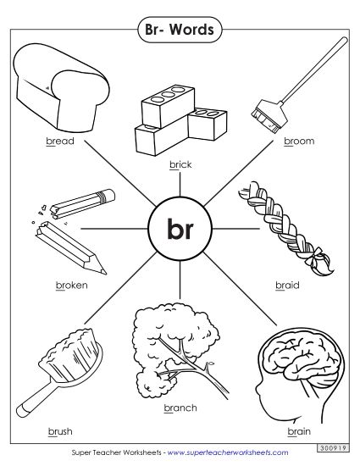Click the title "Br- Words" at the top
tap(180, 31)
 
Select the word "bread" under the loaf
tap(60, 141)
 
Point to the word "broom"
tap(298, 141)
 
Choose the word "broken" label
tap(71, 286)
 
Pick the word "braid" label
tap(286, 286)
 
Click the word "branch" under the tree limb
tap(180, 408)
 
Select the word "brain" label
tap(299, 430)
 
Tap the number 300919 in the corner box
tap(339, 447)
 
